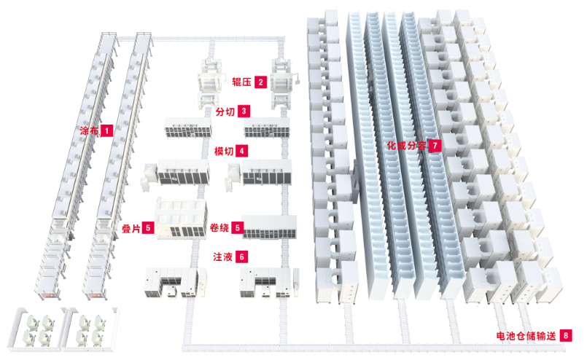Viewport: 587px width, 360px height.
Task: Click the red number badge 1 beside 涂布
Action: click(x=106, y=130)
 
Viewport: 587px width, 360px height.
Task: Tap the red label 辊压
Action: click(x=241, y=82)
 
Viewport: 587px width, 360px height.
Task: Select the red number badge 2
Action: click(x=260, y=82)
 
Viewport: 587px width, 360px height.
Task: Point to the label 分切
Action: click(x=225, y=111)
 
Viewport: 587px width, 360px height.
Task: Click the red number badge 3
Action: click(x=244, y=111)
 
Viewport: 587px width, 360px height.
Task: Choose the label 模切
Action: click(x=224, y=151)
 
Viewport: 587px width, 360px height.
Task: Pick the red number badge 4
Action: click(x=242, y=151)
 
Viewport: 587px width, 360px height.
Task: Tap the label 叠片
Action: click(x=131, y=228)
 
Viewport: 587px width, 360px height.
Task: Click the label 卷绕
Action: click(x=219, y=227)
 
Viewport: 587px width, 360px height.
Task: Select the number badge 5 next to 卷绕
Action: click(x=237, y=227)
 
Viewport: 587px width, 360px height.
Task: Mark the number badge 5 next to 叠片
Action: click(x=148, y=228)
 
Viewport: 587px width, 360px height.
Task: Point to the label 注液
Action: click(x=222, y=257)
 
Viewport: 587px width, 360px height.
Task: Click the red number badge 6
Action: click(x=242, y=257)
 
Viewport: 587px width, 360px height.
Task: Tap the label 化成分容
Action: click(x=407, y=145)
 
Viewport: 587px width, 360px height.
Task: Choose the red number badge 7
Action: click(x=435, y=145)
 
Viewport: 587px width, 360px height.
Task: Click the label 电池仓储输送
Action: click(x=526, y=336)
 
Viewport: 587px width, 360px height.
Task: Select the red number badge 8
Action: click(x=566, y=335)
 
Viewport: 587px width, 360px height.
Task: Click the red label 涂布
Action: click(x=89, y=130)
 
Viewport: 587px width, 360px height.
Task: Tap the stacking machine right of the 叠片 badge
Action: click(x=181, y=219)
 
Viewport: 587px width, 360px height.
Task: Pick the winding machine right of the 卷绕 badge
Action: click(x=269, y=227)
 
